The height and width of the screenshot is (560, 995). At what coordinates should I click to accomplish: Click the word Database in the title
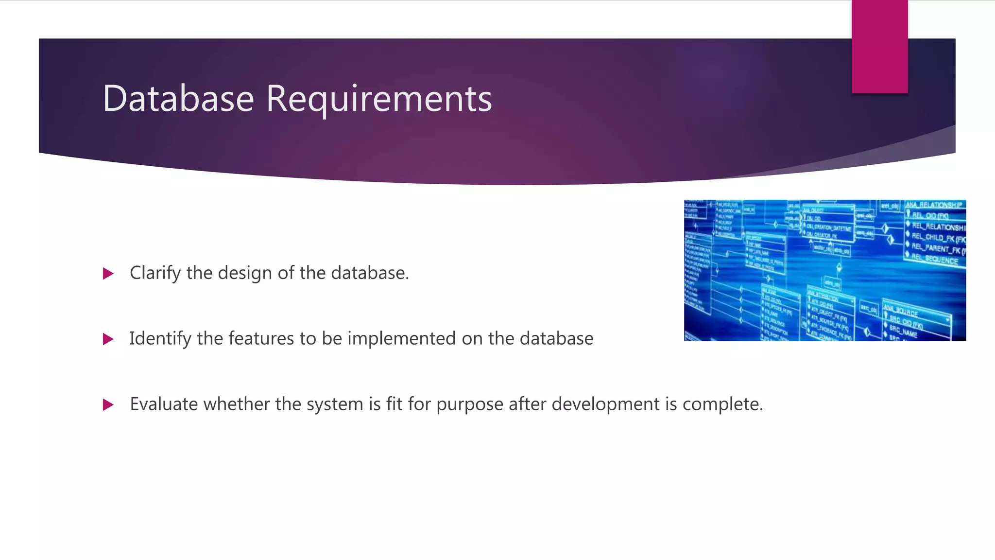[x=178, y=98]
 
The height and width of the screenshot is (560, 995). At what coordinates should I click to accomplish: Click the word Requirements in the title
[x=379, y=99]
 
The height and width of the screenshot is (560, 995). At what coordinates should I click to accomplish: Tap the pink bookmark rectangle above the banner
[x=879, y=46]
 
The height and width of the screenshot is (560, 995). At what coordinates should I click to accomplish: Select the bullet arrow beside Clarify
[x=108, y=274]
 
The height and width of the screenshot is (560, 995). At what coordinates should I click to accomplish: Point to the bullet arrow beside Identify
[x=108, y=339]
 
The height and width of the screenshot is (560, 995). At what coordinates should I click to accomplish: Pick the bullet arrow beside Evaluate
[x=108, y=404]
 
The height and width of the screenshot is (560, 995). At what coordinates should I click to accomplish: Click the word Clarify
[x=155, y=273]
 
